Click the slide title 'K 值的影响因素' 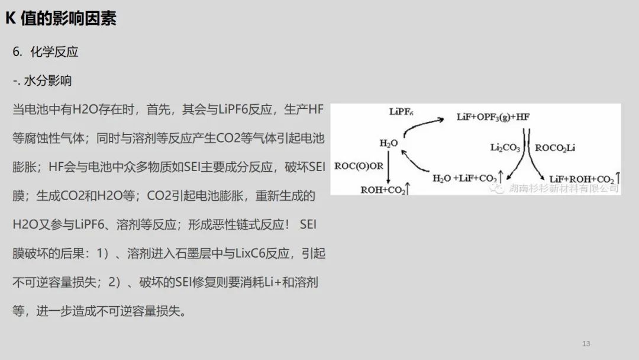coord(61,18)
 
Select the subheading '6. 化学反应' coord(45,52)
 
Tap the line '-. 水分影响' coord(43,81)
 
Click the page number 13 coord(586,343)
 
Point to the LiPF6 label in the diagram coord(401,111)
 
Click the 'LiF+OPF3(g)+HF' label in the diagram coord(493,117)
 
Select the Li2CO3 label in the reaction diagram coord(505,147)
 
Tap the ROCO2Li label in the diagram coord(554,148)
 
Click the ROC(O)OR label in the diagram coord(359,166)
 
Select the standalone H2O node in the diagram coord(388,143)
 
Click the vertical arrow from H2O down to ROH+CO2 coord(388,167)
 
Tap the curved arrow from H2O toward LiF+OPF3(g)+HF coord(423,125)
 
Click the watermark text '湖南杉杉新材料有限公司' coord(564,188)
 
